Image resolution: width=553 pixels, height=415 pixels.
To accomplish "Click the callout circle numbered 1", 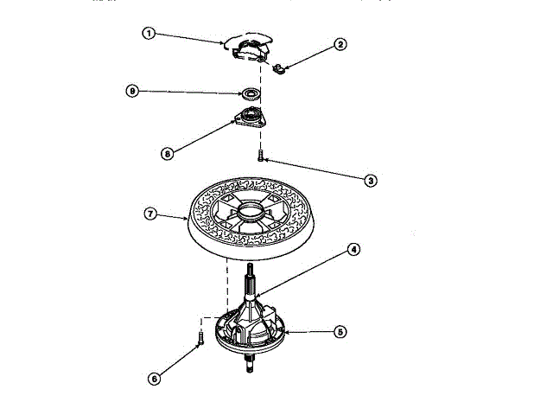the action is (x=148, y=33).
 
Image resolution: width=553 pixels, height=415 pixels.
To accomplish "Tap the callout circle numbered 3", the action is (x=370, y=181).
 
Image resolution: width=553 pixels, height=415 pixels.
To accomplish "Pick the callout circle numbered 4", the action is (x=353, y=250).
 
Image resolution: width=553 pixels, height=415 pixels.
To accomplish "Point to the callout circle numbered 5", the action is (x=340, y=331).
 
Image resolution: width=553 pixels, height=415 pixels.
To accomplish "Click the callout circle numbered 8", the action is (x=168, y=153).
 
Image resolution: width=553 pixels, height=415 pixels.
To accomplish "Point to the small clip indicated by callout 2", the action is (x=278, y=68).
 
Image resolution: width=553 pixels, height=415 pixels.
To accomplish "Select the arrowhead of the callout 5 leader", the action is (x=286, y=331).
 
